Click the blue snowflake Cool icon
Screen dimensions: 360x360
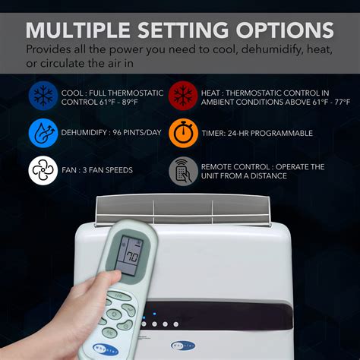point(43,96)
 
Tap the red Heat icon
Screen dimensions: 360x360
point(183,96)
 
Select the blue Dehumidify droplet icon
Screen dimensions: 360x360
point(43,133)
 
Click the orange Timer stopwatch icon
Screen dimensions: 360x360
point(183,133)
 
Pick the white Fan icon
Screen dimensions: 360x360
point(43,169)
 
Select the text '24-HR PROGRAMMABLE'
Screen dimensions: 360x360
point(270,134)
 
